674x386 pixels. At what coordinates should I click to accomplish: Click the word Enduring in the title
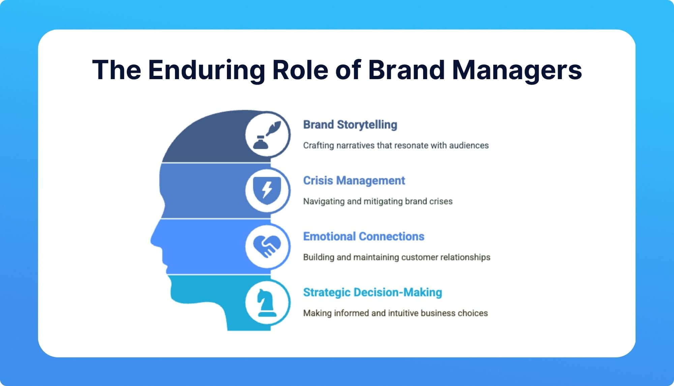(206, 70)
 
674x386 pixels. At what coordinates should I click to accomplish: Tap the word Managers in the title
(517, 70)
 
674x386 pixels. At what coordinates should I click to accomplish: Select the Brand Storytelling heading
(350, 125)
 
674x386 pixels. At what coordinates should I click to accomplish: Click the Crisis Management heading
(354, 181)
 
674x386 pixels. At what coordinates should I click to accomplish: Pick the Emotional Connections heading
(363, 236)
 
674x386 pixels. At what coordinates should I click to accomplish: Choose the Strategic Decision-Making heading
(372, 292)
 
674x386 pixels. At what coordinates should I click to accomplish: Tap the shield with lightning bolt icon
(267, 191)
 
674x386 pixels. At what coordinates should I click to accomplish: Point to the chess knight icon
(267, 302)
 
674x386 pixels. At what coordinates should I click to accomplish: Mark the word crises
(441, 201)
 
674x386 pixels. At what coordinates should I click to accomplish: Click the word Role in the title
(300, 70)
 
